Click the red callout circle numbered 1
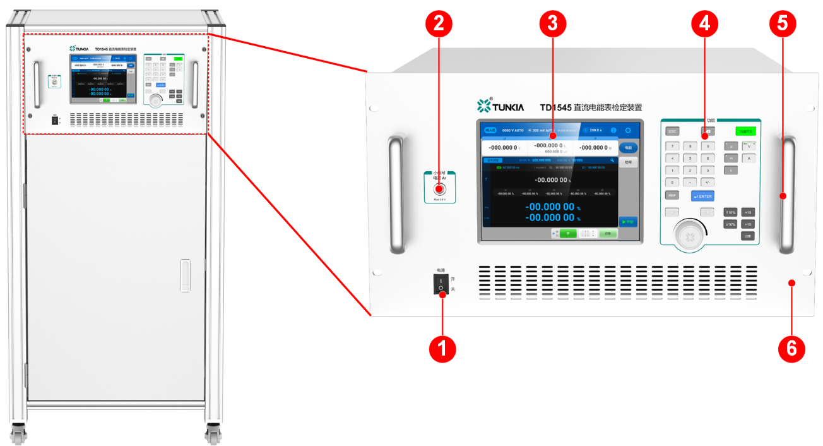pyautogui.click(x=442, y=348)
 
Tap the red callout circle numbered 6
pyautogui.click(x=791, y=348)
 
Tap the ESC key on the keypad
pyautogui.click(x=672, y=131)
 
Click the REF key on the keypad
pyautogui.click(x=672, y=196)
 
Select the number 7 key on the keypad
pyautogui.click(x=672, y=146)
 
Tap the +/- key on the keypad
pyautogui.click(x=708, y=182)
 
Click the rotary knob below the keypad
pyautogui.click(x=690, y=236)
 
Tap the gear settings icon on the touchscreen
pyautogui.click(x=627, y=130)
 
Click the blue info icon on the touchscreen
pyautogui.click(x=613, y=130)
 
